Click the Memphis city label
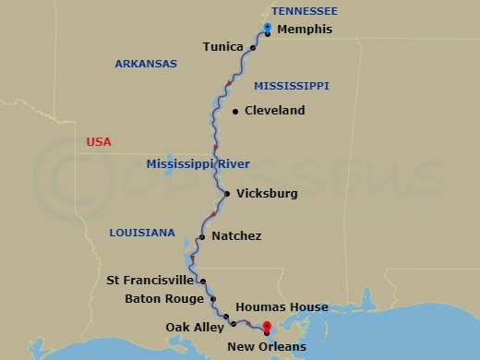click(x=304, y=30)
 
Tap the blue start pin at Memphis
click(x=267, y=28)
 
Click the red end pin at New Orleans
click(x=267, y=327)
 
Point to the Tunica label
click(x=223, y=47)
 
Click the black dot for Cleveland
click(x=235, y=112)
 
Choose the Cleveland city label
click(x=275, y=111)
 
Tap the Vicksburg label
click(x=268, y=194)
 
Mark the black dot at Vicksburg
click(x=226, y=194)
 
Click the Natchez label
click(x=236, y=236)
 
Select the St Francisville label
click(x=150, y=280)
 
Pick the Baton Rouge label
click(x=164, y=299)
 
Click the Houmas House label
click(x=282, y=306)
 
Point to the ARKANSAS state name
click(x=145, y=64)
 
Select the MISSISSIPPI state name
click(x=292, y=85)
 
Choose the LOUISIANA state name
click(x=141, y=233)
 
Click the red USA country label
click(x=99, y=141)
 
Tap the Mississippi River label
click(x=198, y=164)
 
